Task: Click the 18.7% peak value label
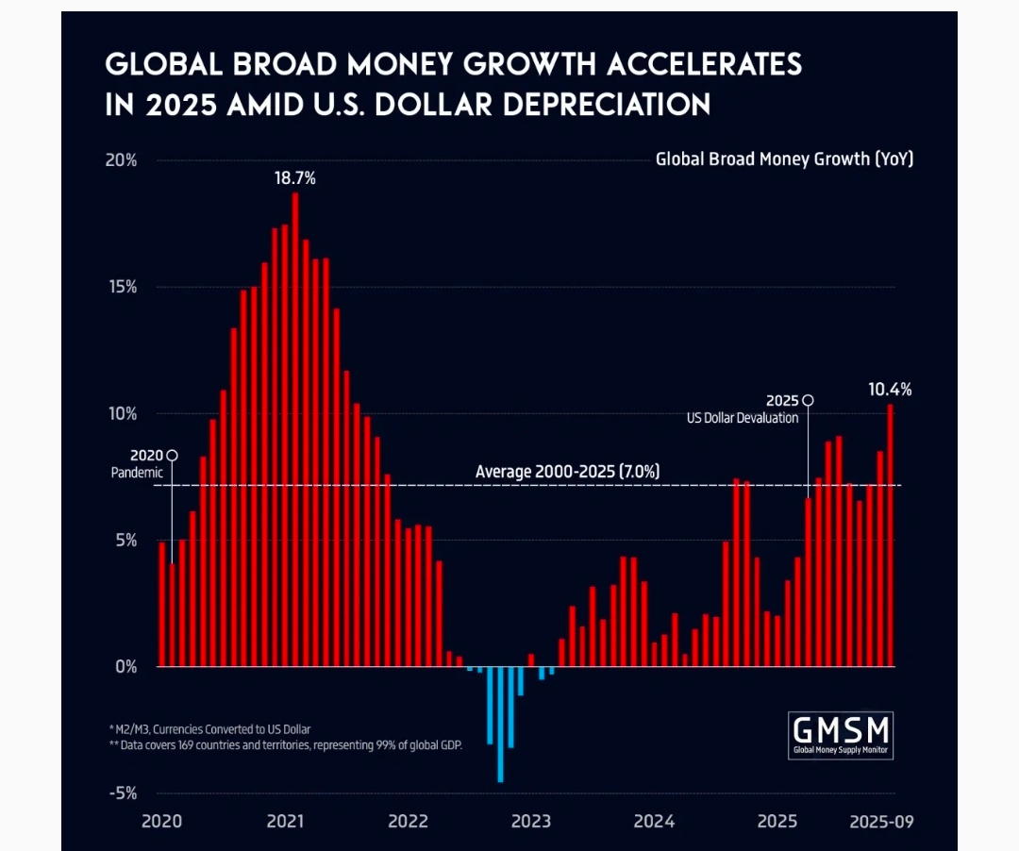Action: click(294, 177)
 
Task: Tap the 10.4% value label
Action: click(890, 389)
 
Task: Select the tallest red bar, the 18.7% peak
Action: click(295, 429)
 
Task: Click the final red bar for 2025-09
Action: click(890, 535)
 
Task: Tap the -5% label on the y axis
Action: click(122, 793)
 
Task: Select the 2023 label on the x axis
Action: click(530, 821)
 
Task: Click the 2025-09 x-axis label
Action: click(879, 821)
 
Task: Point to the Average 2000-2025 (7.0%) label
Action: click(567, 472)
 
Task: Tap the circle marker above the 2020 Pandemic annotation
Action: click(172, 455)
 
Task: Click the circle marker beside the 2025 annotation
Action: click(808, 400)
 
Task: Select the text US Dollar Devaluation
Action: click(743, 418)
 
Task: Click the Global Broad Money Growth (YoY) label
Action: click(784, 159)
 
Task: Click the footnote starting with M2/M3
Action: click(209, 729)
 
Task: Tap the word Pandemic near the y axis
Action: click(137, 473)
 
